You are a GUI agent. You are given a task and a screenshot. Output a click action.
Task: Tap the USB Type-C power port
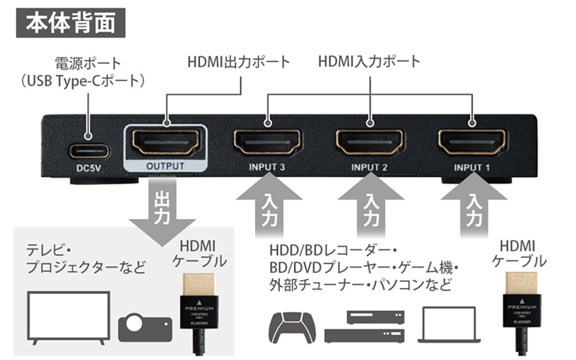coord(90,150)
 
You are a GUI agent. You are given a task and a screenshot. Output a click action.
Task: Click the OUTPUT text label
coord(166,166)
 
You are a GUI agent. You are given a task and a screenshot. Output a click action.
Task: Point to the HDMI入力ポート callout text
coord(369,63)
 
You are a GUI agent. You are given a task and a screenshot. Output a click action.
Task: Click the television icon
coord(67,315)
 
